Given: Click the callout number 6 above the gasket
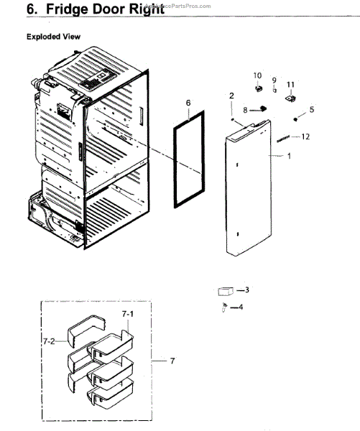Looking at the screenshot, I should pos(188,103).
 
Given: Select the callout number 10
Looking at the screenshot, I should pos(257,75).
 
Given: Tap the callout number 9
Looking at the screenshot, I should pos(274,79).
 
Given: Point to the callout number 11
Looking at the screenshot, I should pos(290,85).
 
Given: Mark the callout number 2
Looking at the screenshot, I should pos(231,96).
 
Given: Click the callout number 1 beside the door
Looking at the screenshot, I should pos(290,156).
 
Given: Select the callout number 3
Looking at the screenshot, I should pos(246,290).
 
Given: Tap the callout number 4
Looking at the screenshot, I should pos(241,307).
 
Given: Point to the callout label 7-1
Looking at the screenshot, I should pos(128,314).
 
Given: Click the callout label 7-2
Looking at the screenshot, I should pos(50,342).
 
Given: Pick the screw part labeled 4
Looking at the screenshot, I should pos(226,307).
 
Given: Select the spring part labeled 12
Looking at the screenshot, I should pos(284,137).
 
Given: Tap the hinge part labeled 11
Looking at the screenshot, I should pos(291,99).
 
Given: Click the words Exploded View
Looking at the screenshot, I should pos(53,37).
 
